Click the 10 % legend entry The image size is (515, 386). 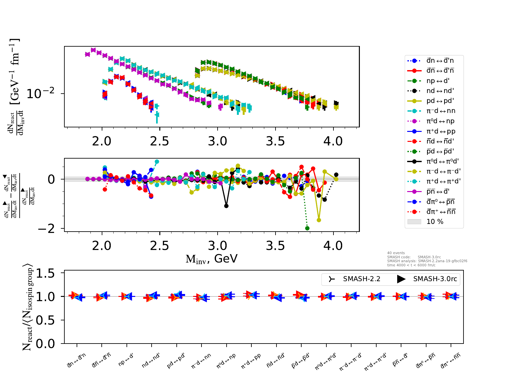tap(435, 222)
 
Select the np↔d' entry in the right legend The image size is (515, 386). tap(440, 81)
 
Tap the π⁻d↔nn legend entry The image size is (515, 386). tap(441, 111)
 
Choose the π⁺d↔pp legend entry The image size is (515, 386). tap(441, 131)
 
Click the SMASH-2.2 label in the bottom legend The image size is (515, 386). tap(361, 279)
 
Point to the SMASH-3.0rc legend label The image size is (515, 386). tap(435, 279)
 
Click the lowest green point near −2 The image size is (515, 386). tap(307, 228)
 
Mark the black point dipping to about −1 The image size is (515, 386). tap(226, 206)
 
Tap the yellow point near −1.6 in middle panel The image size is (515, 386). tap(319, 220)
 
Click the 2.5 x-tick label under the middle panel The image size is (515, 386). tap(160, 246)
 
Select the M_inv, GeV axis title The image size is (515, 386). tap(211, 259)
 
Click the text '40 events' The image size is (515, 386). tap(396, 253)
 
